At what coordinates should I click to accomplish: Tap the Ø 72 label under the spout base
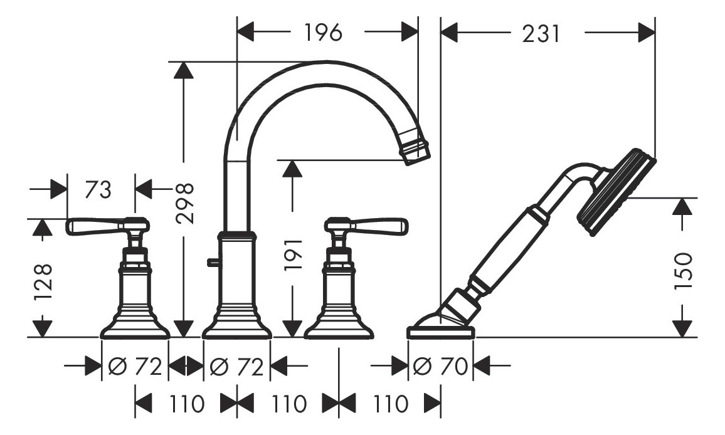[x=237, y=366]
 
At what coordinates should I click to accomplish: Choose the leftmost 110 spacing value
[x=187, y=404]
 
